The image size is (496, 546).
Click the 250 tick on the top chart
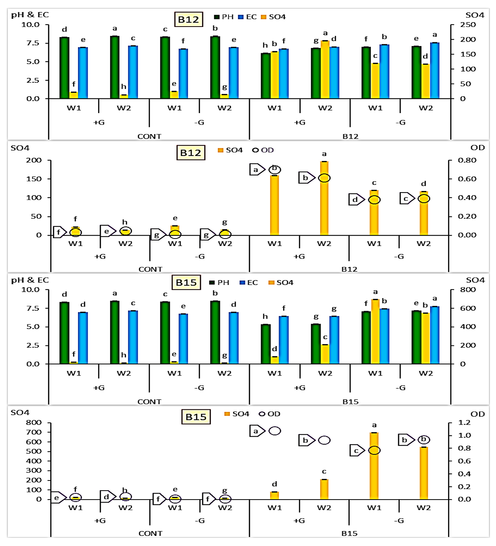pos(468,25)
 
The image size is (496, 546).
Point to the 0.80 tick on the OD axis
pos(467,160)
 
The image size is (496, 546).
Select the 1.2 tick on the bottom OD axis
pos(465,422)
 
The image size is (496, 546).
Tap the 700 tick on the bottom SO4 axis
pos(34,432)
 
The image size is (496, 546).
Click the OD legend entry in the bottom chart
pos(270,414)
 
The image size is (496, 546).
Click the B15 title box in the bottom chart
pos(196,417)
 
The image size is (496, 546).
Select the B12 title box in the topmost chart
pos(188,19)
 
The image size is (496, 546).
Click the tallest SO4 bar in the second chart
pos(324,198)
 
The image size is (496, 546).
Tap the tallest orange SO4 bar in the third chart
pos(375,331)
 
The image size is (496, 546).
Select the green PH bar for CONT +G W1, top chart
pos(64,67)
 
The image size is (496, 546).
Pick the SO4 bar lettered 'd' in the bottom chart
pos(275,495)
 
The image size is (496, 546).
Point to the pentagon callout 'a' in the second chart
pos(257,170)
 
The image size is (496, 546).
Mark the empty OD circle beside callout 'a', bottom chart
pos(275,431)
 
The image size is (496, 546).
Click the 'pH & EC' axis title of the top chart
pos(30,15)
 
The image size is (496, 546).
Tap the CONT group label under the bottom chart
pos(150,533)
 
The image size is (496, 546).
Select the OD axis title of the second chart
pos(477,148)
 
